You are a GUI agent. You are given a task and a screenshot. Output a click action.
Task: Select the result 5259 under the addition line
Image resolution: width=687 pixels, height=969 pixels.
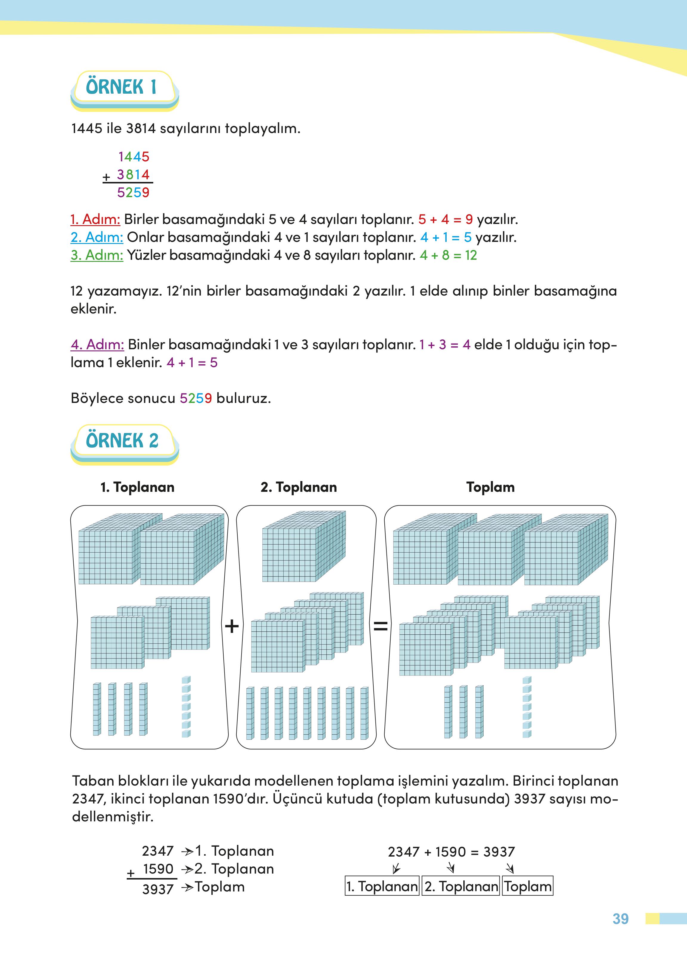pyautogui.click(x=133, y=193)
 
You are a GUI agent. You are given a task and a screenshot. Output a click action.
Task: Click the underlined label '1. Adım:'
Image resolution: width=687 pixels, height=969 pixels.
pyautogui.click(x=95, y=219)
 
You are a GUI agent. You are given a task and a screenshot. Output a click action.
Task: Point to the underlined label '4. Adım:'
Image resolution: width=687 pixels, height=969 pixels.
pyautogui.click(x=97, y=344)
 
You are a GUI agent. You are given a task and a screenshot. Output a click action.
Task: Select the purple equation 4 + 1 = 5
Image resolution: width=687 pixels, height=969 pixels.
pyautogui.click(x=192, y=363)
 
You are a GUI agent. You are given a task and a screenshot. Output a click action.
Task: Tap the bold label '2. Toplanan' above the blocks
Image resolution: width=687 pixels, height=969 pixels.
pyautogui.click(x=299, y=487)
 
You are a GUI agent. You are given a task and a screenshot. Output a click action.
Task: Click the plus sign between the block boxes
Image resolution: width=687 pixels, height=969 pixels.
pyautogui.click(x=231, y=626)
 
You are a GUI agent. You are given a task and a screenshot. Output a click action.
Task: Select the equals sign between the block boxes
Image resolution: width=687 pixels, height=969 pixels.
pyautogui.click(x=380, y=626)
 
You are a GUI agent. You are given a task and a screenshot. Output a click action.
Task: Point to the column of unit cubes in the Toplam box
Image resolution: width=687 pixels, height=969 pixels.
pyautogui.click(x=527, y=707)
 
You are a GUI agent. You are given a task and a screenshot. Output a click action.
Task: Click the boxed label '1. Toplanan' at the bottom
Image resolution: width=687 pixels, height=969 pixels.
pyautogui.click(x=382, y=886)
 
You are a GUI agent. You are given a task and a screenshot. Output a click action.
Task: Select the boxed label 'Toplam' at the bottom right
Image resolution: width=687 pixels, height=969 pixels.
pyautogui.click(x=527, y=886)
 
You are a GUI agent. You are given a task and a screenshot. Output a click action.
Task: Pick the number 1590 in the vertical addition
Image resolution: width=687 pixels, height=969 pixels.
pyautogui.click(x=158, y=869)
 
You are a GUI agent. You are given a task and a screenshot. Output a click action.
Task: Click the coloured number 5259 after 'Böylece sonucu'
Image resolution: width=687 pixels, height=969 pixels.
pyautogui.click(x=195, y=398)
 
